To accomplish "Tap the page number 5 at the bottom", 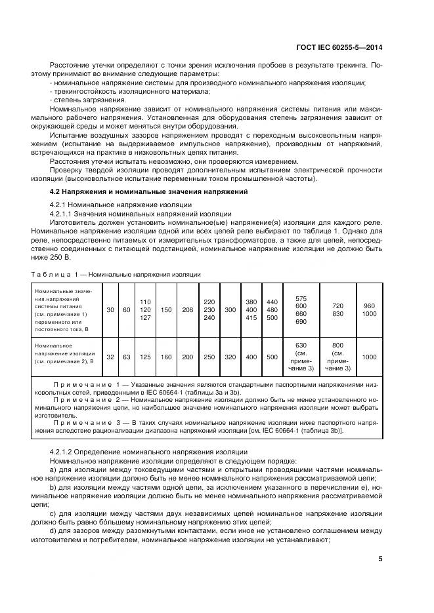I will point(381,559).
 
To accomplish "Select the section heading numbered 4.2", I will point(148,191).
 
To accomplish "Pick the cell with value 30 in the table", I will point(110,309).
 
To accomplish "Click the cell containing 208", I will point(187,309).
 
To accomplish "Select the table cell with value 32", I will point(110,357).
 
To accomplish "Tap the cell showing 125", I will point(146,357).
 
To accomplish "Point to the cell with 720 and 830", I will point(337,309).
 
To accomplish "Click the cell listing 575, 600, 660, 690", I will point(301,309).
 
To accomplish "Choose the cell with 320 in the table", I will point(230,357).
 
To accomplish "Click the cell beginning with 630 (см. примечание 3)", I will point(301,357).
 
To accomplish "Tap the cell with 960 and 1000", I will point(370,309).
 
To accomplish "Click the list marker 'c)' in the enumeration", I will point(53,513).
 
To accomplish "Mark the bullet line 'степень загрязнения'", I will point(81,100).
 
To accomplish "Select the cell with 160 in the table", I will point(166,357).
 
